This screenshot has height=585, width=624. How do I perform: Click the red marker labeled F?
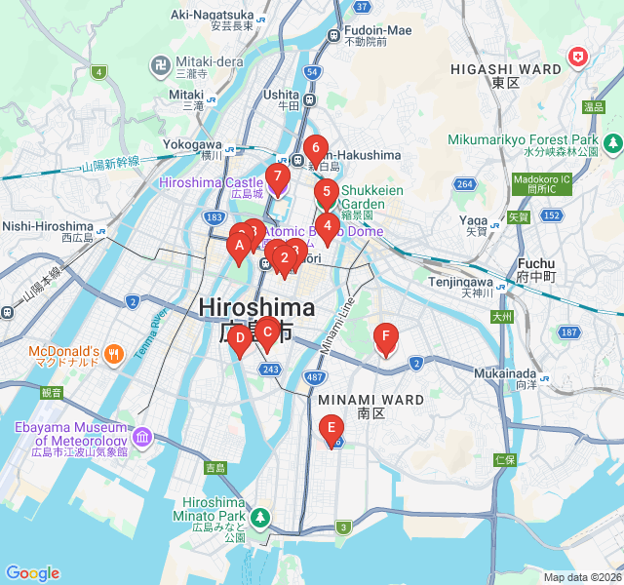(x=386, y=339)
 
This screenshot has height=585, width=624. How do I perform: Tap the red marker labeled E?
(x=331, y=427)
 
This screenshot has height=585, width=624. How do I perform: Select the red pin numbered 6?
(x=314, y=149)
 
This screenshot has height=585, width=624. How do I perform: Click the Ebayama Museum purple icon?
(x=143, y=434)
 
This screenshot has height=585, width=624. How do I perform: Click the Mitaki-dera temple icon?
(x=161, y=66)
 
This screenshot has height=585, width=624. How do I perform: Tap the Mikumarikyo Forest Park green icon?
(x=612, y=145)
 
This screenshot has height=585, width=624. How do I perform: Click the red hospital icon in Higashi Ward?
(x=580, y=58)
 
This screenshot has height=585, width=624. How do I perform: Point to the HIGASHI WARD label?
(x=505, y=70)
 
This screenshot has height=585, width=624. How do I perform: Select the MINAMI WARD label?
(x=370, y=400)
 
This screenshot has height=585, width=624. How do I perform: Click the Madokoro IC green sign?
(x=538, y=183)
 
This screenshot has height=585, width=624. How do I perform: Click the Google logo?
(x=32, y=572)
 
